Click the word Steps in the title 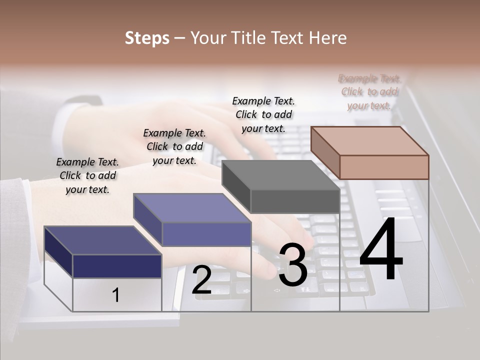(x=147, y=38)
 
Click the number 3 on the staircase (x=293, y=265)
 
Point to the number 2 (x=201, y=280)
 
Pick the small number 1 (x=116, y=295)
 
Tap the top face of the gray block (x=281, y=175)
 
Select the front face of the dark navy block (x=117, y=266)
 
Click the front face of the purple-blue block (x=206, y=234)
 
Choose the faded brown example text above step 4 (x=369, y=92)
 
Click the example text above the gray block (x=263, y=114)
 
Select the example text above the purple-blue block (x=174, y=146)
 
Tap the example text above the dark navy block (x=87, y=175)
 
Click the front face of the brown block (x=384, y=167)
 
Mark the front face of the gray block (x=295, y=201)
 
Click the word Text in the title (x=288, y=38)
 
